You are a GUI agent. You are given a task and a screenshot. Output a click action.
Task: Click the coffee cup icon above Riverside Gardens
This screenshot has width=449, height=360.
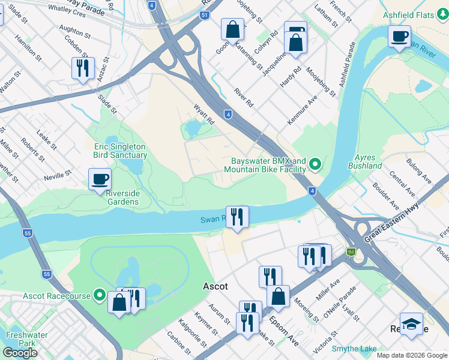tap(100, 179)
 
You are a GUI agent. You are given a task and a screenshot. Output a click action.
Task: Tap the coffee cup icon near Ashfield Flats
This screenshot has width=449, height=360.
tap(399, 36)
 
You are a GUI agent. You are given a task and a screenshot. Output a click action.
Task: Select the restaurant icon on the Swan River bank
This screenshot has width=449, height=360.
tap(237, 217)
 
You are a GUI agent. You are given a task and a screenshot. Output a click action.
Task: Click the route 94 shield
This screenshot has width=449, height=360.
tap(351, 252)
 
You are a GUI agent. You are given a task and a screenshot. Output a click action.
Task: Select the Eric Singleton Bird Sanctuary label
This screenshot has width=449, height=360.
tap(119, 150)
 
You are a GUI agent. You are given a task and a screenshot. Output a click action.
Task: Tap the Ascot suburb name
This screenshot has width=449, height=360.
tap(215, 287)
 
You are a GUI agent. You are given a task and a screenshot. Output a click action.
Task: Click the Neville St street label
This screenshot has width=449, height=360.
tap(58, 175)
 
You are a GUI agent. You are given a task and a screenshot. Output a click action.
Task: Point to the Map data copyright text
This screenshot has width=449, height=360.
tap(412, 355)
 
